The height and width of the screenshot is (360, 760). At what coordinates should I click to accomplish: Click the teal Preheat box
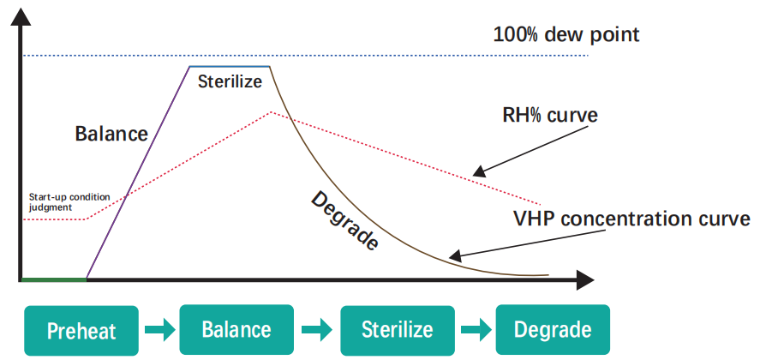[81, 331]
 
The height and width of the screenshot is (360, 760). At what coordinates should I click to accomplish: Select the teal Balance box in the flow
[236, 330]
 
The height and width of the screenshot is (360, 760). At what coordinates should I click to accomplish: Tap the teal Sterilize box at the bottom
[397, 330]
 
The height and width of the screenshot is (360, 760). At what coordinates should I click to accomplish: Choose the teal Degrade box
[552, 330]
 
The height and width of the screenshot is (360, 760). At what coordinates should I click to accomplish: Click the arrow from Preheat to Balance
[159, 330]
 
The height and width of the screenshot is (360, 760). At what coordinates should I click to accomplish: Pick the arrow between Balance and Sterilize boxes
[316, 330]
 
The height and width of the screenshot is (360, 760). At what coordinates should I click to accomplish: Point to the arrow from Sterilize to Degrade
[475, 330]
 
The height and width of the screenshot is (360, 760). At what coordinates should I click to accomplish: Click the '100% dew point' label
[566, 36]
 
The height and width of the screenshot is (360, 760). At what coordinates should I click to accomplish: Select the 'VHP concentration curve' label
[631, 218]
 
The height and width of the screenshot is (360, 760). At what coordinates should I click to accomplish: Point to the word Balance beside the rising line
[111, 134]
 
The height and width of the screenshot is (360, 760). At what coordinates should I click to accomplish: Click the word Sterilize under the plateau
[230, 83]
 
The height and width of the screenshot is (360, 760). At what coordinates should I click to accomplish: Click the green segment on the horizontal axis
[53, 279]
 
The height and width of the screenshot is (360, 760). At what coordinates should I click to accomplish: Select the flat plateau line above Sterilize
[230, 67]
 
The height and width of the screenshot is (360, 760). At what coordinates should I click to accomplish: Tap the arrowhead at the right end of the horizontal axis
[585, 279]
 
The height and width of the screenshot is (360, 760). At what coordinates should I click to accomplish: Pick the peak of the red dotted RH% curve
[272, 112]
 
